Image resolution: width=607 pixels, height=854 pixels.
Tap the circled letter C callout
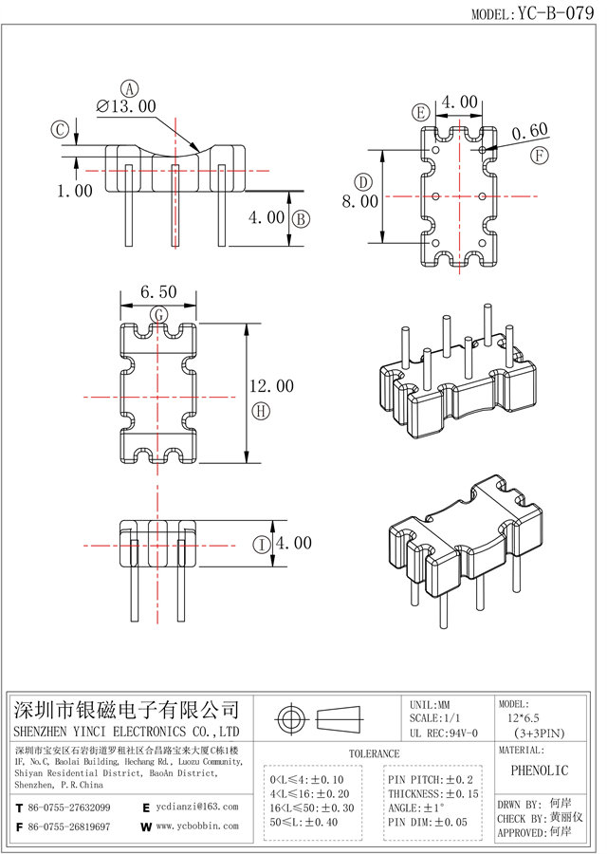(59, 129)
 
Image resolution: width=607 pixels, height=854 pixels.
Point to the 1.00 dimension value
(74, 191)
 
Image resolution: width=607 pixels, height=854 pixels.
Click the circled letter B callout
(300, 219)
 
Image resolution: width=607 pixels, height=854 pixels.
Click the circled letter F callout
(539, 155)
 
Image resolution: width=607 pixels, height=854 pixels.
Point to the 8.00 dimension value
(360, 201)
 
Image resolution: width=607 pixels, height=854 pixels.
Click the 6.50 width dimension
(157, 294)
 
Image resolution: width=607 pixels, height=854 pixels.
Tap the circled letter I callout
(261, 544)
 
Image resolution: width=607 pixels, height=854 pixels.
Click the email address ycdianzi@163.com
(197, 806)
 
